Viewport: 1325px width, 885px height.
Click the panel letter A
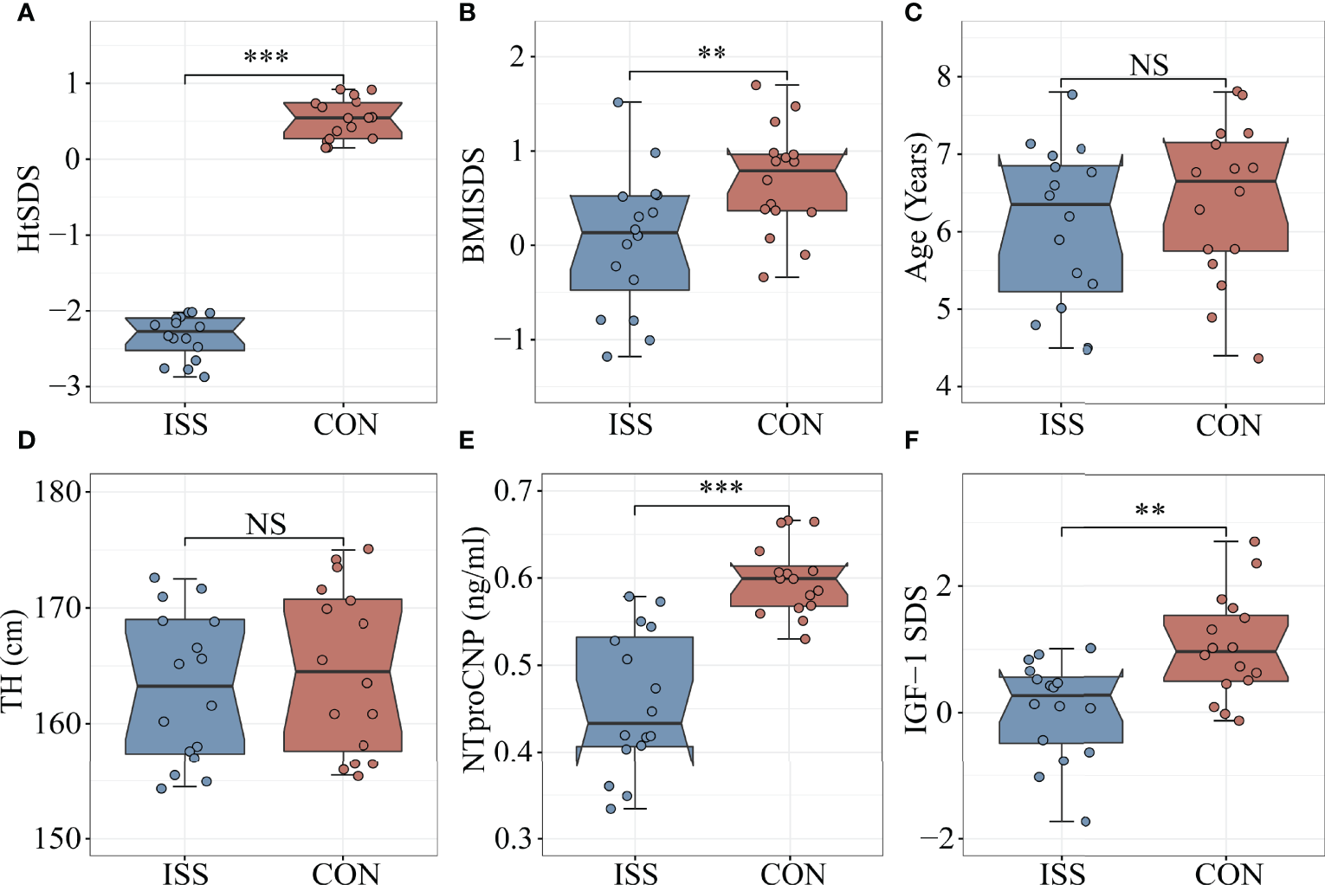[26, 13]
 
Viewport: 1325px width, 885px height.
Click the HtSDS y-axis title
[29, 209]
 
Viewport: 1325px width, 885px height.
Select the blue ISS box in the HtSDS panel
[184, 334]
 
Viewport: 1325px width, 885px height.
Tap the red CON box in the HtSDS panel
[343, 120]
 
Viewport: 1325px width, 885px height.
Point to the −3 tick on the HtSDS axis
[64, 386]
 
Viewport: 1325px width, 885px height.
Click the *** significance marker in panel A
[266, 58]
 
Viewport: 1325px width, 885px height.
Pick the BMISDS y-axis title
[473, 204]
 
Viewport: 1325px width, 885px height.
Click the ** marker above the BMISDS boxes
[711, 54]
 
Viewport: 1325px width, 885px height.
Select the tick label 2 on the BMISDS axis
[517, 57]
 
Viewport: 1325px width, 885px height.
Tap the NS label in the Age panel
[1148, 65]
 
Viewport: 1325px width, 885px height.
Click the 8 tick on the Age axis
[943, 77]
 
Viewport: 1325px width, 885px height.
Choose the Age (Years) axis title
[916, 207]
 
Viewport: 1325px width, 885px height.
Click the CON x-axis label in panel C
[1228, 425]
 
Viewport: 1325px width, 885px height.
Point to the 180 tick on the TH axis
[57, 492]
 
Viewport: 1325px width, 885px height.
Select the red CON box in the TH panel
[343, 675]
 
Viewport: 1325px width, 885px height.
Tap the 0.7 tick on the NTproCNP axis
[513, 491]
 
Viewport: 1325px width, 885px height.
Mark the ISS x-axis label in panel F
[1062, 873]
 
